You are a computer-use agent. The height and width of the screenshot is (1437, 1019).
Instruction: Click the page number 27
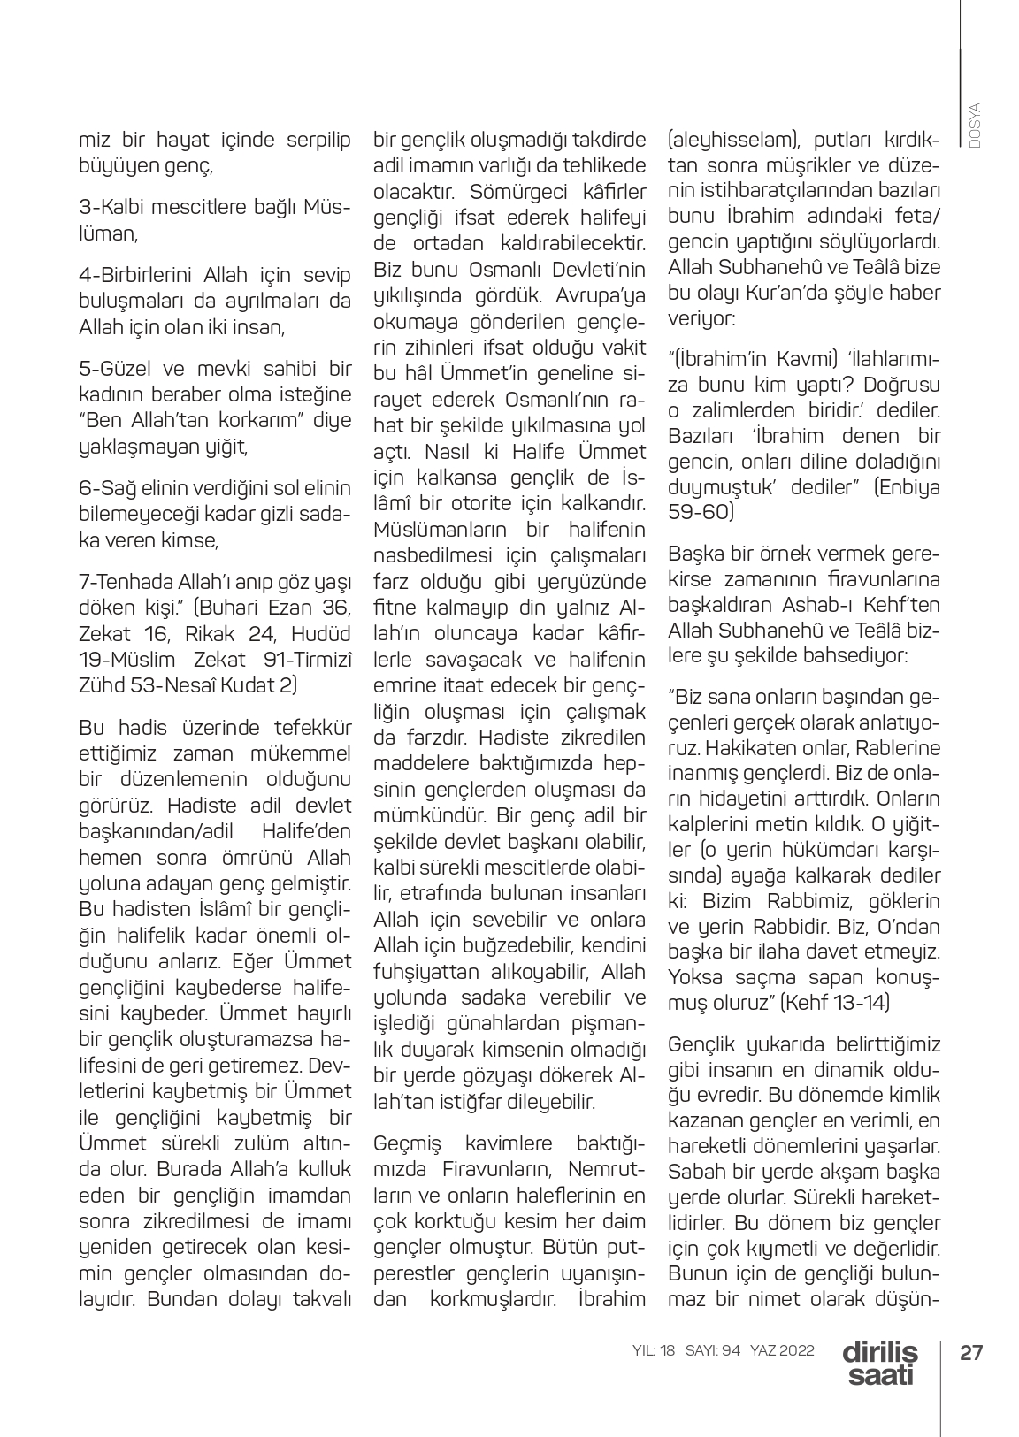(x=972, y=1353)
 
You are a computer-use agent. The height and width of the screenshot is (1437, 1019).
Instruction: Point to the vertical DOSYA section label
(x=975, y=125)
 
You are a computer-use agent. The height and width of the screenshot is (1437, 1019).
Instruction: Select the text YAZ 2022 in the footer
(x=782, y=1351)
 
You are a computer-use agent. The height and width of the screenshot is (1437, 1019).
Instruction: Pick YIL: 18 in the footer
(x=655, y=1351)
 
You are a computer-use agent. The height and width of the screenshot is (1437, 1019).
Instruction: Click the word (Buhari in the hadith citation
(x=232, y=608)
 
